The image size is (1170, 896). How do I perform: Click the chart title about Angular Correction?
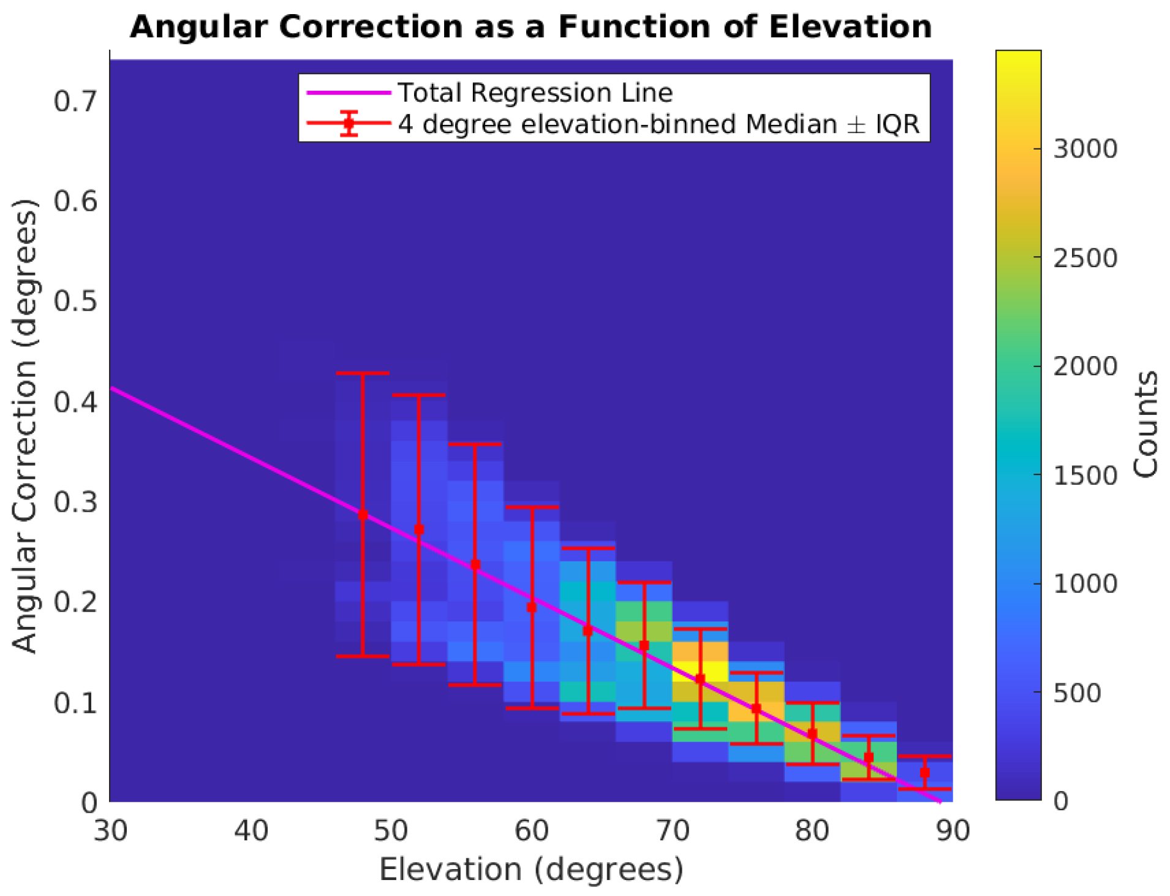point(530,27)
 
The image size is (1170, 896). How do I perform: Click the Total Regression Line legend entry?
point(535,93)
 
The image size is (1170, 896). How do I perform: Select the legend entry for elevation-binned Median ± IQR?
point(659,124)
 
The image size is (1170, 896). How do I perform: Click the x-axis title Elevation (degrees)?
point(530,870)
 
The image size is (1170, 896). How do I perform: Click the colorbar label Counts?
point(1145,424)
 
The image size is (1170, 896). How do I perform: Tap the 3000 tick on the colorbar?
point(1085,149)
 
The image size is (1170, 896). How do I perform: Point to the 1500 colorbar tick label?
point(1085,476)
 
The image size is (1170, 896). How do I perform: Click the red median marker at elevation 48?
point(363,515)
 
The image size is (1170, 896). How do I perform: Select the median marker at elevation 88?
point(924,773)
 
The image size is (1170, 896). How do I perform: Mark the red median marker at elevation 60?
point(532,607)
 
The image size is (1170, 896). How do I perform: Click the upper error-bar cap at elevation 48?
point(363,373)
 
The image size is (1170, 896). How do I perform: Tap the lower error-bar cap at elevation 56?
point(475,685)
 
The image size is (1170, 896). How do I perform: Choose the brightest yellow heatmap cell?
point(700,670)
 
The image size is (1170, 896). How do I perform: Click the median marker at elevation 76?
point(756,708)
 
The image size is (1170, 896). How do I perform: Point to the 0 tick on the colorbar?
point(1060,801)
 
